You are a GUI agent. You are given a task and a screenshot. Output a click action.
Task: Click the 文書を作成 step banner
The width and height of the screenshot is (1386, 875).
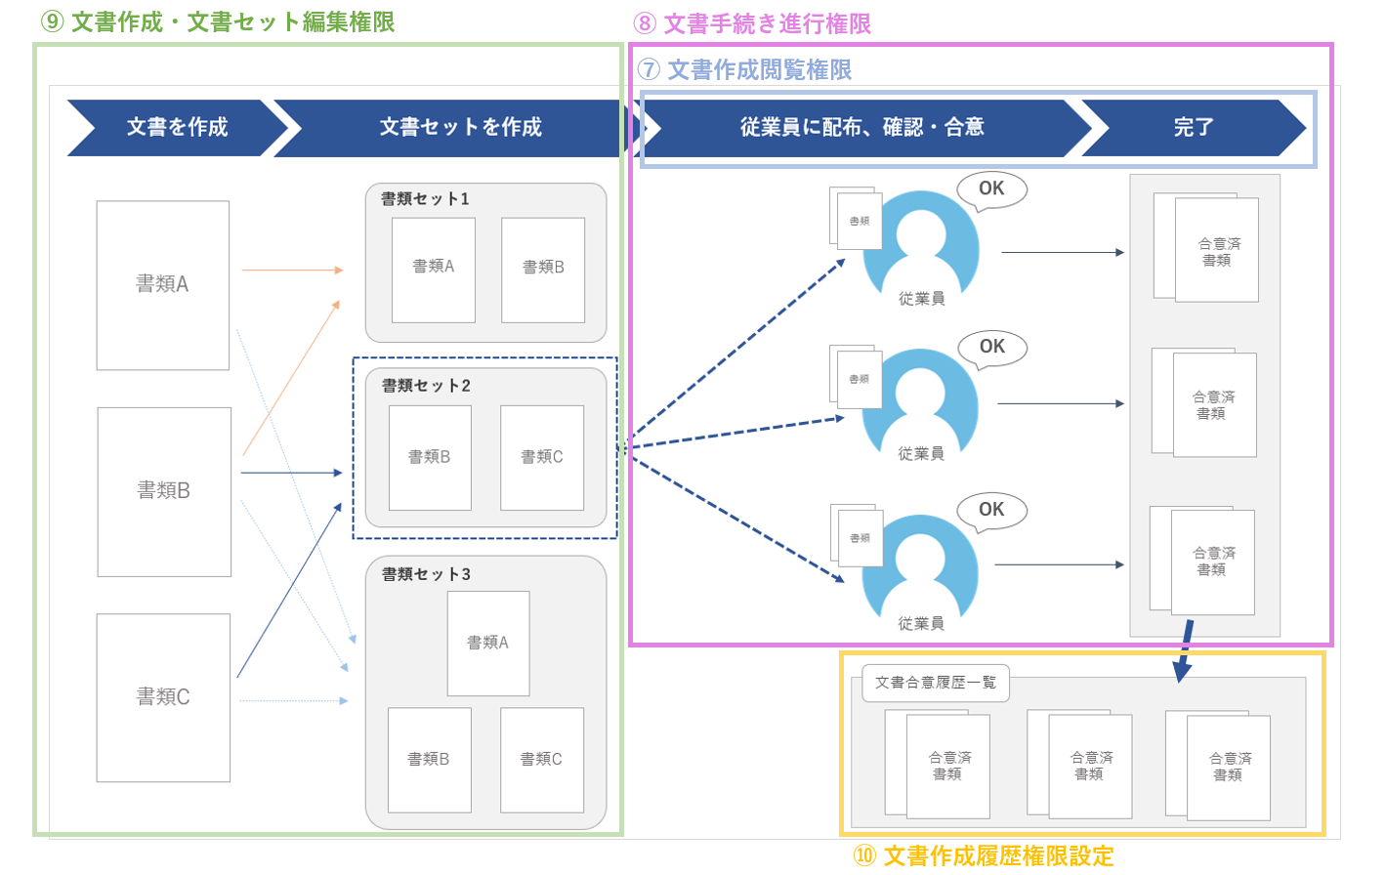click(x=177, y=127)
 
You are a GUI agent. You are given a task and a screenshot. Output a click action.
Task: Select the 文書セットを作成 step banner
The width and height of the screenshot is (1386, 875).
click(x=460, y=127)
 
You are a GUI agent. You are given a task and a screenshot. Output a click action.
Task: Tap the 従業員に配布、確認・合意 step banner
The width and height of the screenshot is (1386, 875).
click(x=861, y=127)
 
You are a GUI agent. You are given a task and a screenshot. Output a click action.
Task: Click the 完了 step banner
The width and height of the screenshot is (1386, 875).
click(x=1193, y=127)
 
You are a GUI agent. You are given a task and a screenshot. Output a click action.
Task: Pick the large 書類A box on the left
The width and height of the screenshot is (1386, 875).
click(x=162, y=284)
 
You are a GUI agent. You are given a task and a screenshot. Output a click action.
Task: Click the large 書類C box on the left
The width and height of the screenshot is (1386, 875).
click(x=163, y=697)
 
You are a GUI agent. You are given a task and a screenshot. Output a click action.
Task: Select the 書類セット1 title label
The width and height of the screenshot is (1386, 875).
click(x=425, y=199)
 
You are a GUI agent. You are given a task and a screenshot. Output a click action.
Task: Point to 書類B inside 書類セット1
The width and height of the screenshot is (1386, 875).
click(x=543, y=269)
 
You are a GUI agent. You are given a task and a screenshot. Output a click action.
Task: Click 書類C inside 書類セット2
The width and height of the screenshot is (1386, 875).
click(x=541, y=457)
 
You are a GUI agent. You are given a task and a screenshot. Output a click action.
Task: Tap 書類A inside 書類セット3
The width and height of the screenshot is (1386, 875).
click(x=487, y=643)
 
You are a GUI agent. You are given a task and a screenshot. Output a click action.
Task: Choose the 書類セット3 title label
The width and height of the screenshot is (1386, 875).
click(x=426, y=574)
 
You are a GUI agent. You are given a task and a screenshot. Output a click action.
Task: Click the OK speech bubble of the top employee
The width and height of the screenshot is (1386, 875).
click(x=991, y=188)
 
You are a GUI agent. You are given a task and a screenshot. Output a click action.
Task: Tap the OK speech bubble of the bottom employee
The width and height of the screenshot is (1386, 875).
click(x=991, y=510)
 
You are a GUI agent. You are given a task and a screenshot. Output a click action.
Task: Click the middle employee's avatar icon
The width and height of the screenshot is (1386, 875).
click(x=920, y=400)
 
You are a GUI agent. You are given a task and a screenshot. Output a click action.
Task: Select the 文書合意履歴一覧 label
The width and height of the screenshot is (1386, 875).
click(x=935, y=683)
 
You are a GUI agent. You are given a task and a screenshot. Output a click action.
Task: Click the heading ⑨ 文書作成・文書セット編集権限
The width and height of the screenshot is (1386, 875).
click(x=218, y=21)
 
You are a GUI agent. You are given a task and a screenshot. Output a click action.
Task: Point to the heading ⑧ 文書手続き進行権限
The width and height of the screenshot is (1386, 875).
click(x=752, y=23)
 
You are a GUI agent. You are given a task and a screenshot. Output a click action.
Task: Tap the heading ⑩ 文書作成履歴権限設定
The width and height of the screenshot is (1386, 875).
click(x=984, y=856)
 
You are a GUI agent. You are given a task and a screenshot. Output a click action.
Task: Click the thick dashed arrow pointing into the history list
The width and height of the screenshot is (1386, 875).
click(x=1185, y=650)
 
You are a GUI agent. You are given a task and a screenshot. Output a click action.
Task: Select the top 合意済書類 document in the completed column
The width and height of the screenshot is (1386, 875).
click(x=1216, y=251)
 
